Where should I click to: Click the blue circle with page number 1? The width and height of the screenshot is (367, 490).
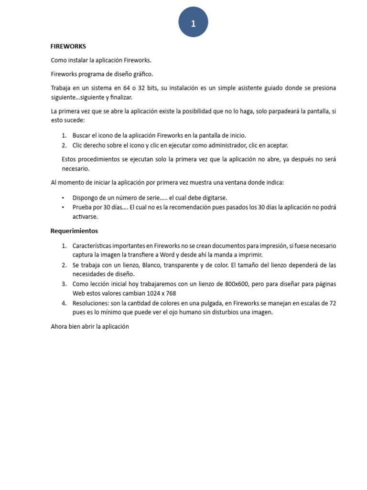[x=193, y=22]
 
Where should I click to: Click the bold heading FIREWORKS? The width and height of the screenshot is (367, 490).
[x=68, y=46]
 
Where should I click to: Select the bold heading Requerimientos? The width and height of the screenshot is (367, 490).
[x=74, y=231]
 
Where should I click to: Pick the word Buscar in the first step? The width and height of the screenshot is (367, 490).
[x=81, y=135]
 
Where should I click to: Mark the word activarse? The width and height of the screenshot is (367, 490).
[x=85, y=216]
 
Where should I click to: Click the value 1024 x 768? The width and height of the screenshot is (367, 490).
[x=165, y=293]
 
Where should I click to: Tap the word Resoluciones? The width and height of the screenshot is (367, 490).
[x=90, y=303]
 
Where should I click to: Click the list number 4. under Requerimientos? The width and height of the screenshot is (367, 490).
[x=64, y=303]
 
